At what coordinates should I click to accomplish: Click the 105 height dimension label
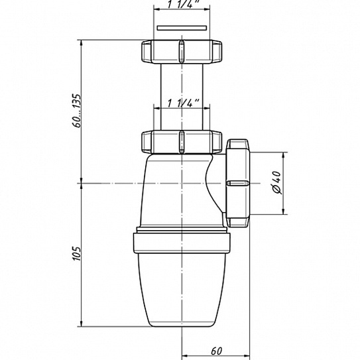77,253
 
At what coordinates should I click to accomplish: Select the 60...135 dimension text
76,111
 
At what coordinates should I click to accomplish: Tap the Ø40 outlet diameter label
276,183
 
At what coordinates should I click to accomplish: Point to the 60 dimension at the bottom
216,351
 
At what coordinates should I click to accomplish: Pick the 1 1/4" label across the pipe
183,103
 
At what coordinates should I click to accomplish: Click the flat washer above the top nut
182,28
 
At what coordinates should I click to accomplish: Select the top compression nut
182,52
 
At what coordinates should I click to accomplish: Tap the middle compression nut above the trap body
182,142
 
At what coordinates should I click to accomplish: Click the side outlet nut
237,183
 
